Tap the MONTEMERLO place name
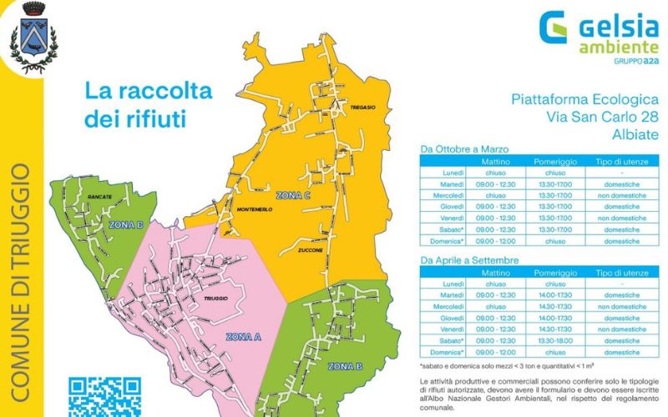tap(256, 208)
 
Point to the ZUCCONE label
tap(310, 250)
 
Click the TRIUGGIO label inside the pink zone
tap(215, 299)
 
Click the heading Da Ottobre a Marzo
tap(465, 150)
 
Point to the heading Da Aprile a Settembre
tap(470, 260)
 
